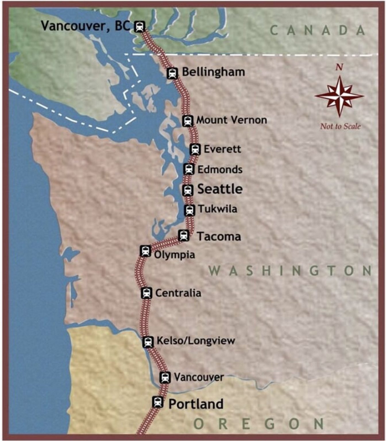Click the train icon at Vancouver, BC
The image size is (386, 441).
pyautogui.click(x=140, y=27)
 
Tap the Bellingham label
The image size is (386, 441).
pyautogui.click(x=213, y=72)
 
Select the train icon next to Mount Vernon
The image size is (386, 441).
pyautogui.click(x=187, y=121)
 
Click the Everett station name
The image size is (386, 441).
pyautogui.click(x=222, y=149)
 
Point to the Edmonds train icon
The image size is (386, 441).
pyautogui.click(x=189, y=169)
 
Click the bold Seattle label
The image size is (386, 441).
pyautogui.click(x=220, y=189)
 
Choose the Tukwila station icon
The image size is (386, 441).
pyautogui.click(x=189, y=210)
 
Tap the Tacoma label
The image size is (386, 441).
pyautogui.click(x=219, y=237)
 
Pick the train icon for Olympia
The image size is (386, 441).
pyautogui.click(x=145, y=251)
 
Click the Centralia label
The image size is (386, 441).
pyautogui.click(x=178, y=293)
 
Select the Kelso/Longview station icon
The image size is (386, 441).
pyautogui.click(x=148, y=342)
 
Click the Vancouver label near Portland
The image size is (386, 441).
pyautogui.click(x=199, y=377)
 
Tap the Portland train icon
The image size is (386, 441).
pyautogui.click(x=157, y=402)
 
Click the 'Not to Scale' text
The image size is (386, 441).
pyautogui.click(x=340, y=126)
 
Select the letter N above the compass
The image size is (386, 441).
pyautogui.click(x=339, y=67)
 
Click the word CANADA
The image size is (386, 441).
pyautogui.click(x=318, y=30)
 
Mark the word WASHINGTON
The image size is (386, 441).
pyautogui.click(x=290, y=271)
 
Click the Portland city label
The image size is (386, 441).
pyautogui.click(x=196, y=404)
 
